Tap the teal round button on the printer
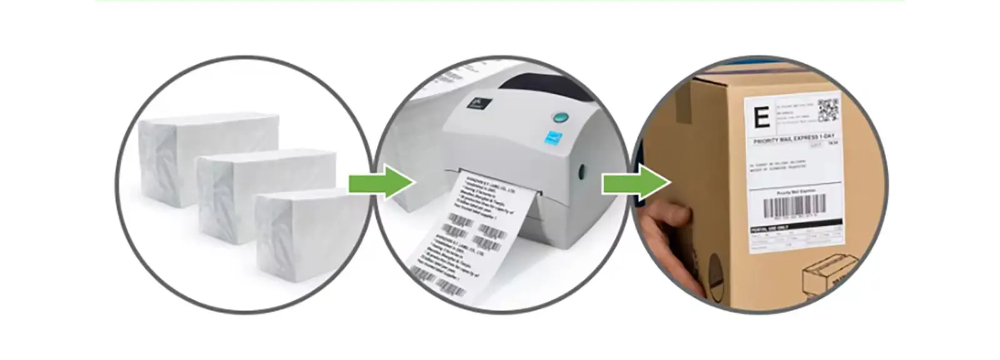point(561,117)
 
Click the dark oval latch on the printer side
point(581,172)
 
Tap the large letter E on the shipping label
point(761,117)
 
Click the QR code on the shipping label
point(828,109)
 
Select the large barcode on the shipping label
point(794,205)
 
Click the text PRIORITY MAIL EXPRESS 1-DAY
point(794,139)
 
